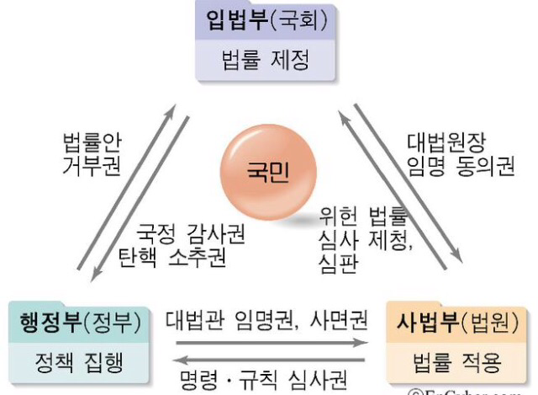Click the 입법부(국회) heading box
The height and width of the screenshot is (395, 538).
[x=266, y=21]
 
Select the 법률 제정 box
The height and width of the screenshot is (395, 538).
[x=266, y=61]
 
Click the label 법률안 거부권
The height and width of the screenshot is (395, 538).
[x=92, y=152]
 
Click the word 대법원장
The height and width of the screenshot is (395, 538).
[x=446, y=141]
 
